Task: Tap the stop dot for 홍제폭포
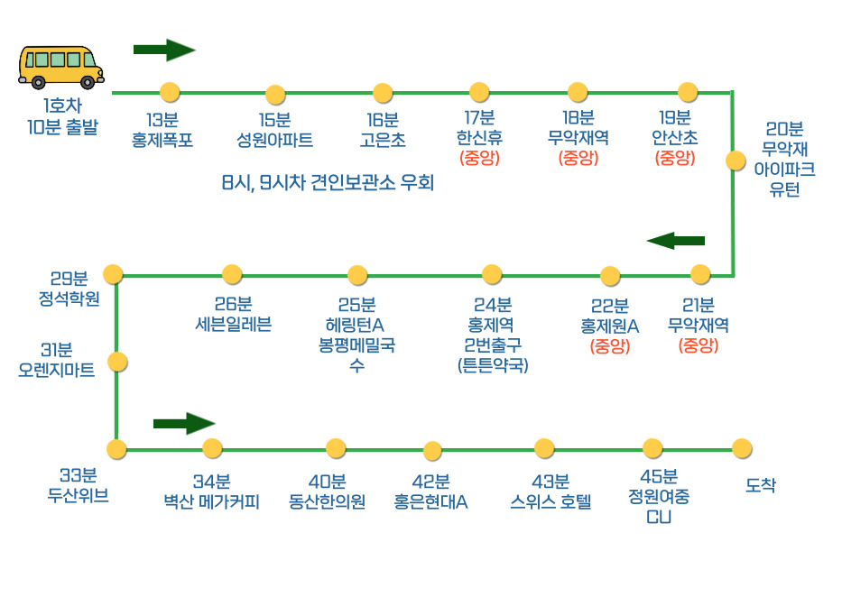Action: (x=169, y=92)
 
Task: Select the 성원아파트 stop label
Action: (x=274, y=141)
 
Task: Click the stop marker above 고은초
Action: (x=383, y=93)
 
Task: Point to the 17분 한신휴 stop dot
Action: (x=479, y=92)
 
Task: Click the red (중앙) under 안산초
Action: (x=674, y=159)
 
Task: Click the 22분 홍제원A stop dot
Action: (x=610, y=276)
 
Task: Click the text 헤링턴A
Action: (x=356, y=325)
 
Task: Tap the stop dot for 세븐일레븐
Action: (x=232, y=274)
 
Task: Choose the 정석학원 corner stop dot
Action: (x=113, y=274)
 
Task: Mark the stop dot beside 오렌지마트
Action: (x=117, y=362)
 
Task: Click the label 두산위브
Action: (x=79, y=495)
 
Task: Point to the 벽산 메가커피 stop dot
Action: (x=212, y=448)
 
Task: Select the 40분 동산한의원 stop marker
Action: (x=336, y=448)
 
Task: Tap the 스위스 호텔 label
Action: (x=551, y=502)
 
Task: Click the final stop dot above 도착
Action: (x=742, y=448)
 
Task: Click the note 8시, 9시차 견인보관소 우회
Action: (x=328, y=184)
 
